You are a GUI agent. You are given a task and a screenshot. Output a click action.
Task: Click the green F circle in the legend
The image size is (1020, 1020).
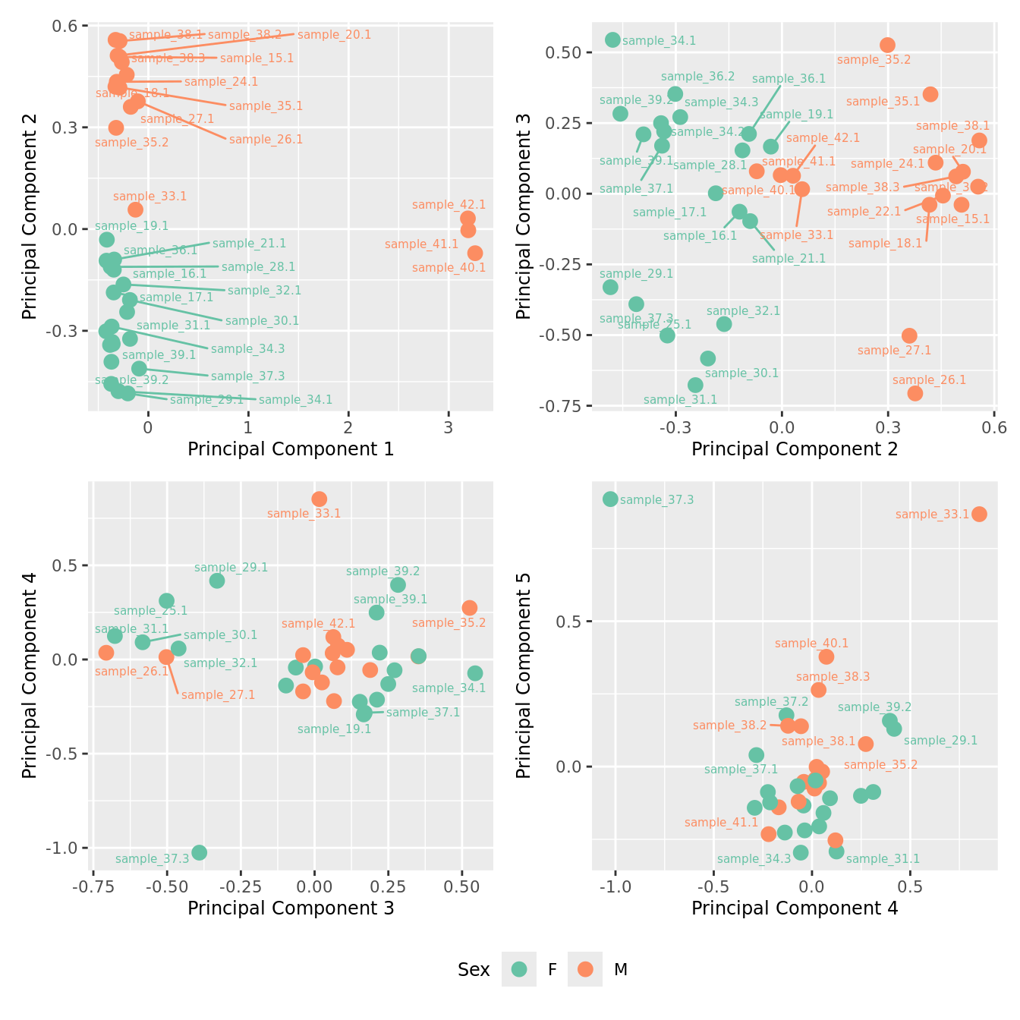(x=519, y=969)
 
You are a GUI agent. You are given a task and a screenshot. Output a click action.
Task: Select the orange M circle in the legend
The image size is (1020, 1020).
(x=585, y=969)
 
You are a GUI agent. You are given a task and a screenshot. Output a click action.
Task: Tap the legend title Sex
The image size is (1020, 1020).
(x=474, y=970)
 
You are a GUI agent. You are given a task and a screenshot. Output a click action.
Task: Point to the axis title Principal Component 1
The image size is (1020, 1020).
(x=291, y=449)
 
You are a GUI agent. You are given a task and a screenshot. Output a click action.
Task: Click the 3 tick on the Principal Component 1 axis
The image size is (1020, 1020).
(x=449, y=427)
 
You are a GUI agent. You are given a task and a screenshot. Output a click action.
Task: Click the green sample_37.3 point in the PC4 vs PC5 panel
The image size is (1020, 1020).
(x=610, y=499)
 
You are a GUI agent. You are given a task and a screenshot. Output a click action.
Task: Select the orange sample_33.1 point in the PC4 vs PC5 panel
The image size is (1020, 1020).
(x=979, y=514)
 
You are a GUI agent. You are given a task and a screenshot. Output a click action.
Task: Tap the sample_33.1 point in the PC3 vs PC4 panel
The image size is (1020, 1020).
(x=320, y=499)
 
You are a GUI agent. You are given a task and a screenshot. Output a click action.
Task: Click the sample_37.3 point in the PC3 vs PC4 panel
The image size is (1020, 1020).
(x=199, y=852)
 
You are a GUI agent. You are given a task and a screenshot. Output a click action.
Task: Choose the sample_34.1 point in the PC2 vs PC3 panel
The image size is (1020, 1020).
(x=613, y=39)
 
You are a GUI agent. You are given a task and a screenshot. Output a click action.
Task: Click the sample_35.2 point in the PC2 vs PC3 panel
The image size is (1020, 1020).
(x=887, y=46)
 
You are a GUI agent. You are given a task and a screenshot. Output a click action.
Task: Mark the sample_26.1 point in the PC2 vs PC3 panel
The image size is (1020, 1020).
(x=915, y=393)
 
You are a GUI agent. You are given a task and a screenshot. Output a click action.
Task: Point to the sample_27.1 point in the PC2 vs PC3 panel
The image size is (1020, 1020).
(x=909, y=335)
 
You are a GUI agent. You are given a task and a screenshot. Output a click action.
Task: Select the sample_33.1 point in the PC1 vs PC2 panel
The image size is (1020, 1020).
(x=135, y=209)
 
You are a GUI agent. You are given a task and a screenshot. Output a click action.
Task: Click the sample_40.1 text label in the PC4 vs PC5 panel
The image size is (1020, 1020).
(x=811, y=644)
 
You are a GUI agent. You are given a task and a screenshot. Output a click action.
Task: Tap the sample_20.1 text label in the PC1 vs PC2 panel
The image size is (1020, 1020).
(x=334, y=35)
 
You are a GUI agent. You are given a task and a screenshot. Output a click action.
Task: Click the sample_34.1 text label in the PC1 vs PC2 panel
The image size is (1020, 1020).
(x=295, y=400)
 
